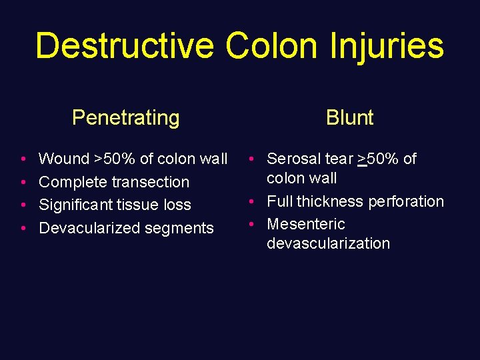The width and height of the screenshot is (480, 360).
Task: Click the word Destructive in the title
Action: point(124,47)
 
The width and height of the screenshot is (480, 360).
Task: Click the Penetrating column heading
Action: point(125,118)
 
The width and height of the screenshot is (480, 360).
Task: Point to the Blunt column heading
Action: point(349,118)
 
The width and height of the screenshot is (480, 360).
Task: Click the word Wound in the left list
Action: point(64,159)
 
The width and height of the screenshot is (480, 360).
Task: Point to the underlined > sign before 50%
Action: point(362,159)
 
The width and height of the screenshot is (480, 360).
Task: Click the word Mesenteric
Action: point(306,224)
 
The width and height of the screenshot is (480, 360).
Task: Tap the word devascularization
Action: point(328,243)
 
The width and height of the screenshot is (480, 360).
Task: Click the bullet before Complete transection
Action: point(23,182)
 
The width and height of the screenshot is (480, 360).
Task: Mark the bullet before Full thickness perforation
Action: point(253,201)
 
